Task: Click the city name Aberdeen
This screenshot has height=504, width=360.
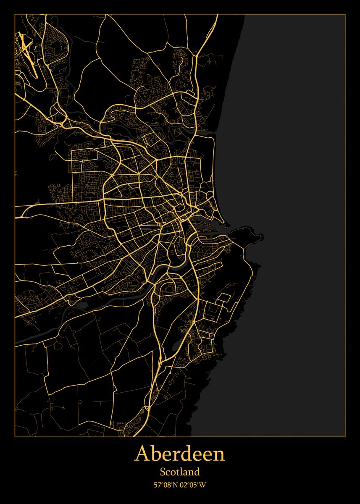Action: (x=180, y=454)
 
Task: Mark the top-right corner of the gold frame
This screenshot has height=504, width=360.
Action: (x=345, y=14)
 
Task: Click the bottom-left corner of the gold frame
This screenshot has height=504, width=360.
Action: (x=15, y=437)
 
